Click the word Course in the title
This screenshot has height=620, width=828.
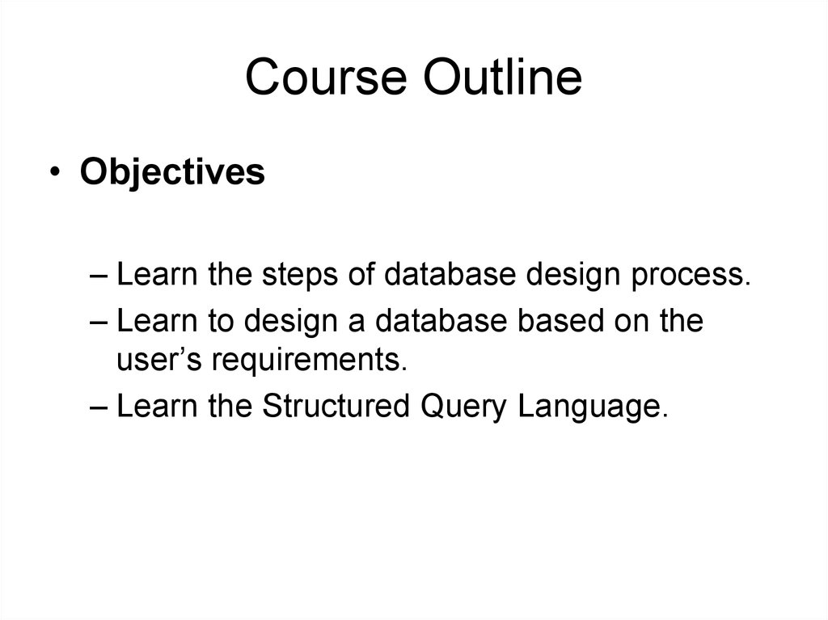tap(326, 77)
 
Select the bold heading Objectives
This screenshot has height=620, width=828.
tap(172, 172)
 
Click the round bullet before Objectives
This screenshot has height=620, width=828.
tap(54, 171)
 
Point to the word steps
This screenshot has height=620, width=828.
tap(299, 275)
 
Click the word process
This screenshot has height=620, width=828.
tap(691, 276)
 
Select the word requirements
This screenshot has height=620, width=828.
tap(310, 361)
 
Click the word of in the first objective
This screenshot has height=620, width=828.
tap(361, 274)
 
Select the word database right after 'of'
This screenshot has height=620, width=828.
tap(450, 274)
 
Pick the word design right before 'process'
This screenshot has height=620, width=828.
tap(573, 275)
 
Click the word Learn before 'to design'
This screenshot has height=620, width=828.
tap(157, 320)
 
